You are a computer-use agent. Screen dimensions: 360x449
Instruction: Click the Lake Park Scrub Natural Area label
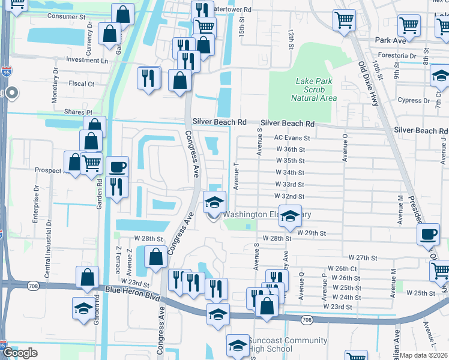(313, 89)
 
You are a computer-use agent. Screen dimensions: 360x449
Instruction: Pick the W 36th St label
(291, 149)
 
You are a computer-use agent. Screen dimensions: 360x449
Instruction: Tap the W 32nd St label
(289, 196)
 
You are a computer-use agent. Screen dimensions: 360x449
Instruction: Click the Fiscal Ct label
(82, 84)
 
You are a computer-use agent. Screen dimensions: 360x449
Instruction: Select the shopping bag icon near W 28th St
(155, 256)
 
